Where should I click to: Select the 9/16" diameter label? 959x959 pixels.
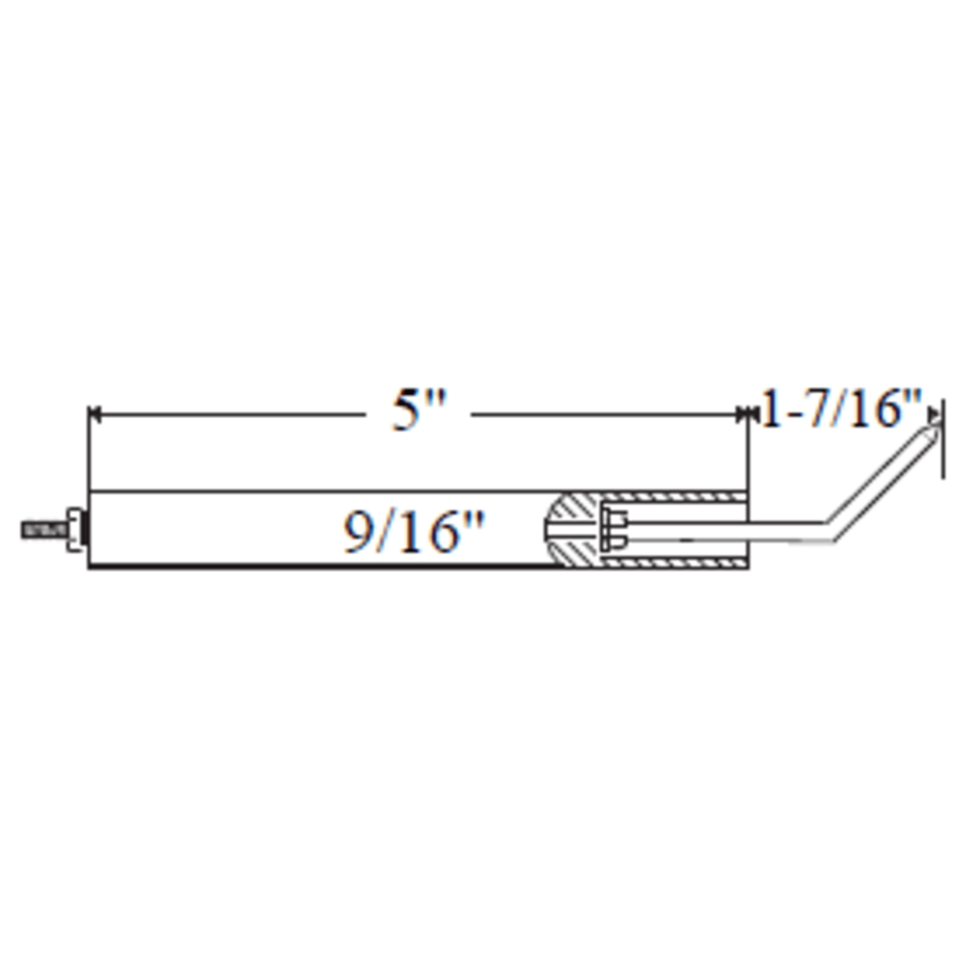[413, 532]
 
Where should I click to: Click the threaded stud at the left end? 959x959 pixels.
[42, 530]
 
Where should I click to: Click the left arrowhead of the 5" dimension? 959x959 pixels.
[94, 415]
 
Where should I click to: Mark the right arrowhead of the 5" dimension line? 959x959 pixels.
[742, 415]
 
